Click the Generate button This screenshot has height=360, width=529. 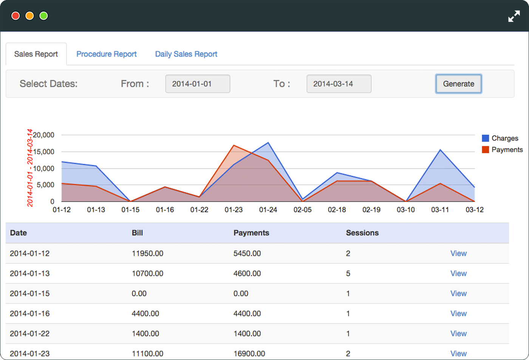click(x=458, y=84)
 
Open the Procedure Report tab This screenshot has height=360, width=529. click(x=107, y=54)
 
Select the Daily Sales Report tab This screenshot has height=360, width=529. click(x=186, y=54)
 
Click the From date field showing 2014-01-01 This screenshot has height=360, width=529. click(x=198, y=84)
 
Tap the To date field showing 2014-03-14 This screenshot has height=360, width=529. click(x=339, y=84)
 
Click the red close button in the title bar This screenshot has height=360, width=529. click(x=15, y=16)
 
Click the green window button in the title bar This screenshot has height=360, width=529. click(x=43, y=16)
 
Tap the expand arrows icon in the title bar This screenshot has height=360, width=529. click(x=514, y=16)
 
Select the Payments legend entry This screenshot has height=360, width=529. click(x=502, y=150)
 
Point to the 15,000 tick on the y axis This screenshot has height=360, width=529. click(x=44, y=152)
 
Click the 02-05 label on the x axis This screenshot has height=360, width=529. click(x=303, y=209)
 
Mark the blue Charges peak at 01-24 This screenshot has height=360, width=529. click(x=268, y=143)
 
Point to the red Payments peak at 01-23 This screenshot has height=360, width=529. click(x=234, y=145)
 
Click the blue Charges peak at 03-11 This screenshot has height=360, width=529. click(x=440, y=150)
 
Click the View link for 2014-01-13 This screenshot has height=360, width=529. click(x=458, y=273)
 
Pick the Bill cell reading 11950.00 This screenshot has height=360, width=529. click(x=147, y=253)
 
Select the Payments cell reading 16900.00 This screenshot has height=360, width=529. click(x=249, y=354)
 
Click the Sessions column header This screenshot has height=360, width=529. click(x=362, y=233)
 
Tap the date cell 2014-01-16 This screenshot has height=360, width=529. click(x=30, y=313)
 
